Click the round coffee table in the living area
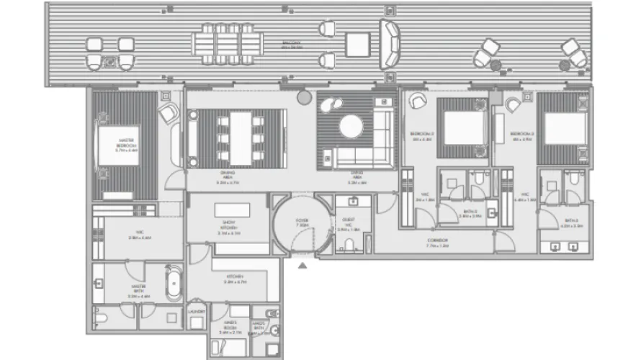(x=351, y=127)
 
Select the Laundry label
(x=196, y=311)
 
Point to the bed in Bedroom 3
(x=565, y=128)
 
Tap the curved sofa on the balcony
(x=390, y=44)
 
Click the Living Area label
(x=356, y=176)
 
